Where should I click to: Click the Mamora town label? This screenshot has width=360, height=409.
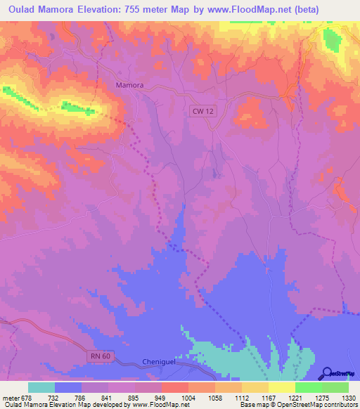(129, 85)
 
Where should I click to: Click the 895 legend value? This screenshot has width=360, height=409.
(120, 398)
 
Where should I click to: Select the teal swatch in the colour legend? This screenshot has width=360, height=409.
(41, 387)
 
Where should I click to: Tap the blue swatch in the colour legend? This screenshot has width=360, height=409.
(67, 387)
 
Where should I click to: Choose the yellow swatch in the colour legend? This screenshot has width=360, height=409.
(281, 387)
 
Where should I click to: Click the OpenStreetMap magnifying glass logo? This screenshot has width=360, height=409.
(326, 372)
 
